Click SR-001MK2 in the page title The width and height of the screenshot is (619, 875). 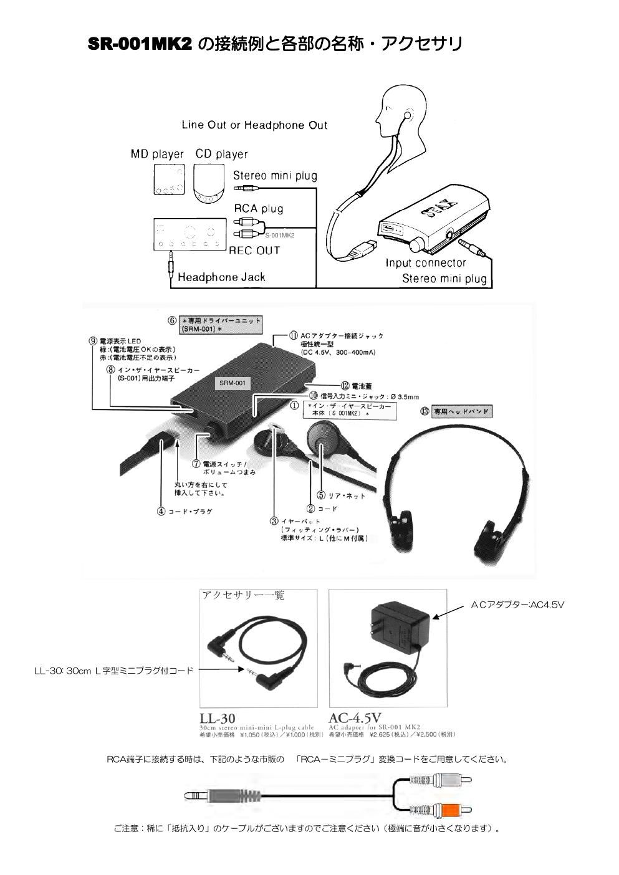[139, 45]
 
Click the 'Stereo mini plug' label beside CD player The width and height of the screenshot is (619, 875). [275, 176]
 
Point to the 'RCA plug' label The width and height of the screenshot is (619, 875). [259, 208]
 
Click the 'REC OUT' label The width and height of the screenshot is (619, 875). [254, 251]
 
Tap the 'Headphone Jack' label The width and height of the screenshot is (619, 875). [221, 277]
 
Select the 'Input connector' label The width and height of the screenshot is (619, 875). [425, 263]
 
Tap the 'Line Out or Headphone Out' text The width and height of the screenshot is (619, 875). [254, 125]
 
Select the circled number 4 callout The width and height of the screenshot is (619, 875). [161, 511]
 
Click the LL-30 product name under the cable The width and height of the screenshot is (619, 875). [218, 719]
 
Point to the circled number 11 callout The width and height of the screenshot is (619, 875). [292, 335]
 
